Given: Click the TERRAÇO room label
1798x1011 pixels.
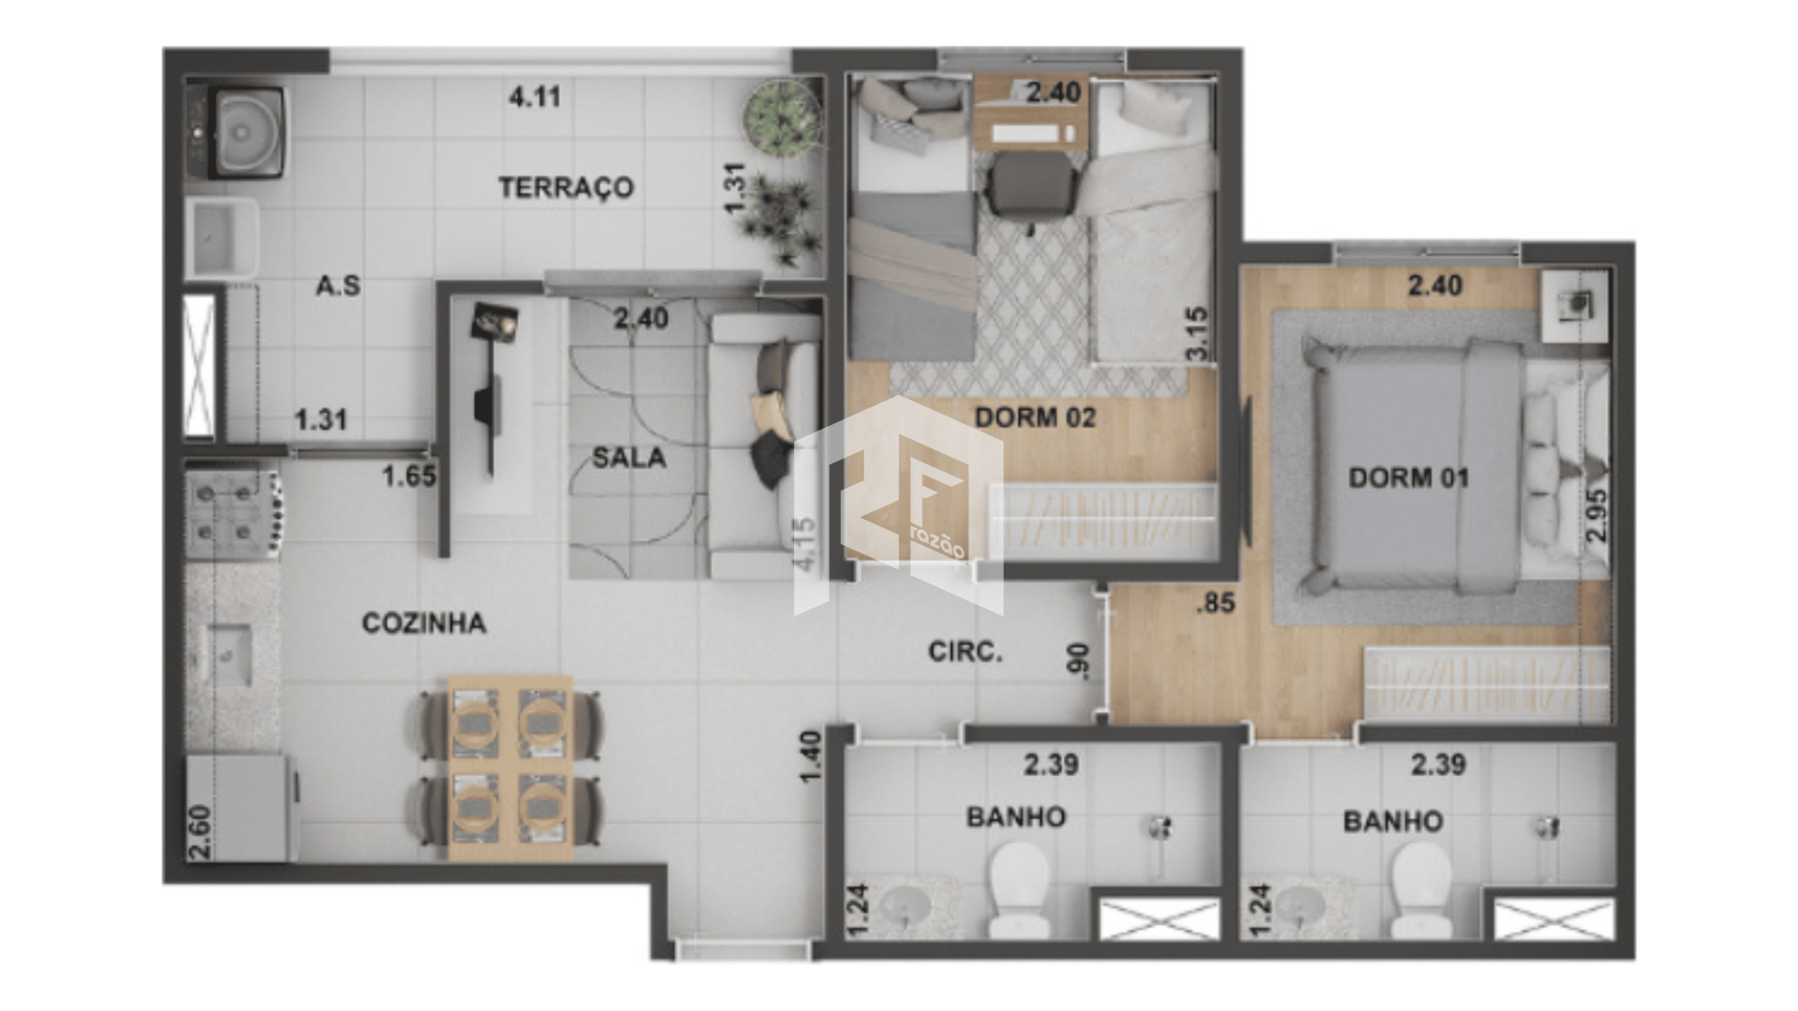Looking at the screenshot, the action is coord(566,187).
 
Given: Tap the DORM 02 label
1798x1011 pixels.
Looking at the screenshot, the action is coord(1035,417).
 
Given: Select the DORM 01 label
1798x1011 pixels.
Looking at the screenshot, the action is coord(1408,477).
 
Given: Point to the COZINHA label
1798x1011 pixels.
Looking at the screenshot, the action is coord(423,623).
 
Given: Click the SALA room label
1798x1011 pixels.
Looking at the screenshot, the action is coord(629,458).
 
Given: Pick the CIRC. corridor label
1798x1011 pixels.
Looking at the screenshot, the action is coord(965,652).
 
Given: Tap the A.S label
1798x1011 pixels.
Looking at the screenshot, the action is coord(338,286).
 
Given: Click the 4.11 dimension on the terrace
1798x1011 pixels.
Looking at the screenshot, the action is coord(535,96).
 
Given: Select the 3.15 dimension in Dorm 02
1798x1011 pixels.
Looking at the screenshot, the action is coord(1197,333).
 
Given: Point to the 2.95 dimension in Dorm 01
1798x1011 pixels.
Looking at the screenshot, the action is coord(1597,515).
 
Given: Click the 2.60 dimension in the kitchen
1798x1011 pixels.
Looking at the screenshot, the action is coord(199,832).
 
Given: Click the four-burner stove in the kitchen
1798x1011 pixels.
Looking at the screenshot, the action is coord(232,513).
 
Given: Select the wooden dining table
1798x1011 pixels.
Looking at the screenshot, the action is coord(510,768).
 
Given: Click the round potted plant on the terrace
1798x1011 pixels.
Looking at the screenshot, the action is coord(783,117).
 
